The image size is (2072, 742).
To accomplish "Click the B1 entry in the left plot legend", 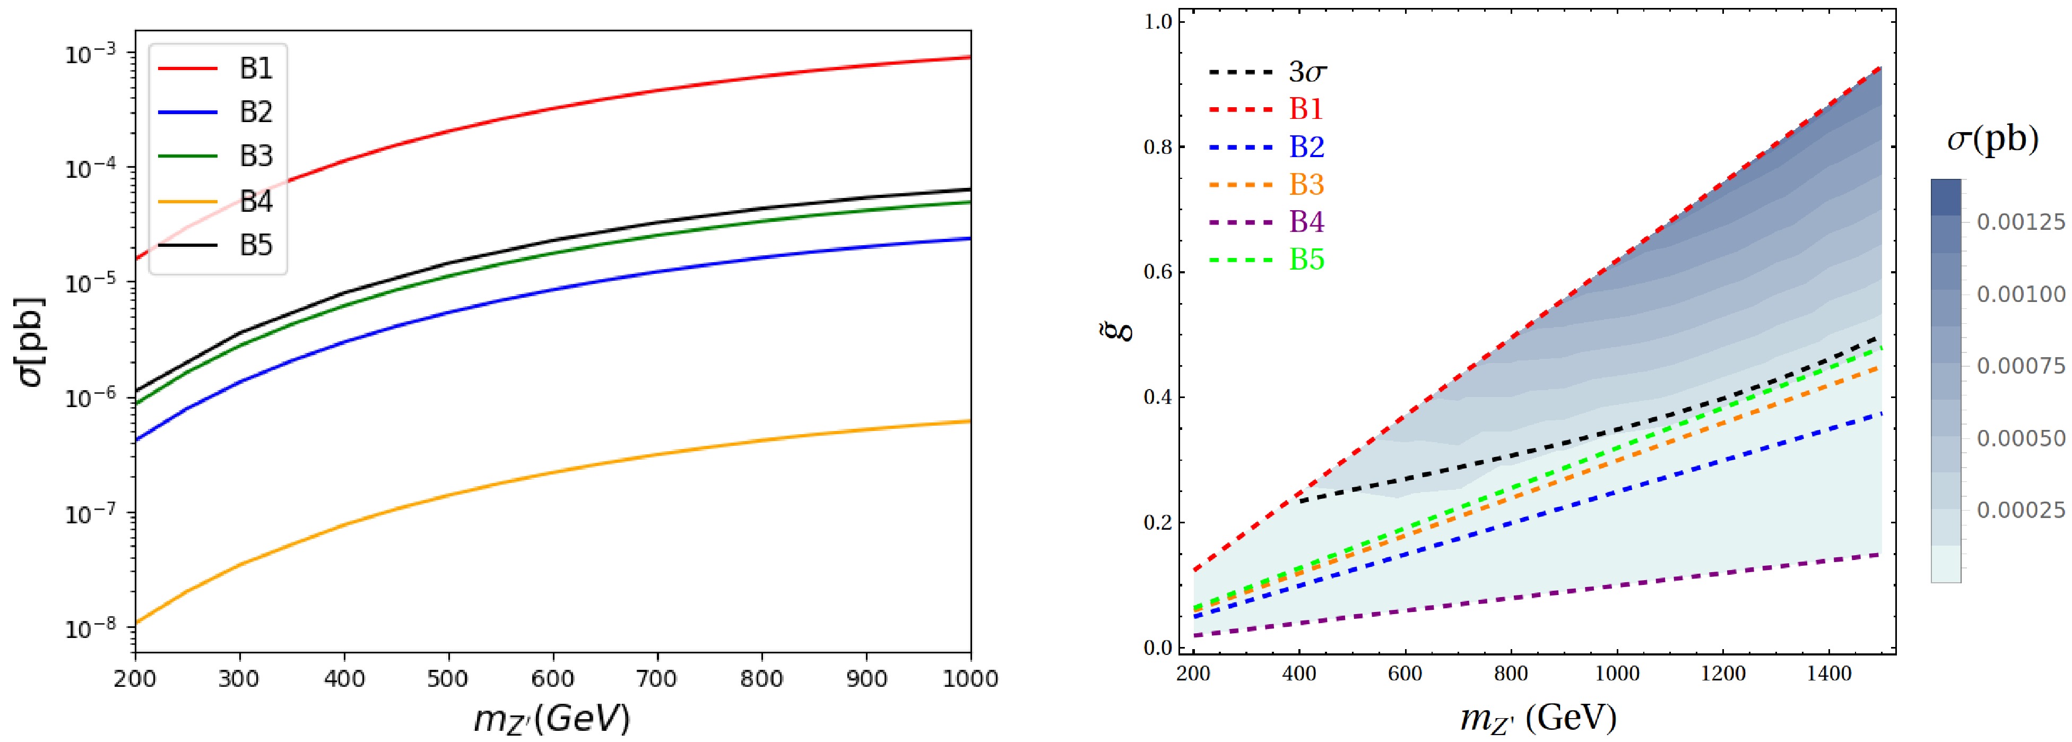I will point(256,69).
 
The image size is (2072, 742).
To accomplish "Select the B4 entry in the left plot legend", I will point(256,201).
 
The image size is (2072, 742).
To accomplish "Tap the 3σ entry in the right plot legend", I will point(1306,72).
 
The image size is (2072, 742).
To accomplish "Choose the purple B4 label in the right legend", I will point(1306,222).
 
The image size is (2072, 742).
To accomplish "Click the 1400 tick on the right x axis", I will point(1828,673).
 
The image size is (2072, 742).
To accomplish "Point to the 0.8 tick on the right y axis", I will point(1159,147).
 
